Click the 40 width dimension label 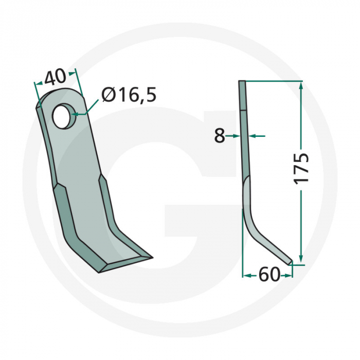55,77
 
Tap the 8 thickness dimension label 220,136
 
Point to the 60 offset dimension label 268,276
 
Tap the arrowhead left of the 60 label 246,276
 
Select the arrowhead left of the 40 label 37,84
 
